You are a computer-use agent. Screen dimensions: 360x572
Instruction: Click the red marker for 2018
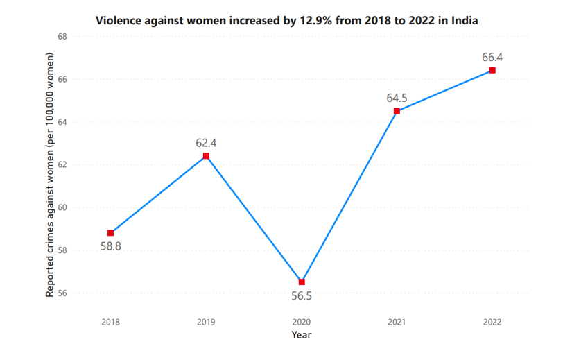click(x=111, y=233)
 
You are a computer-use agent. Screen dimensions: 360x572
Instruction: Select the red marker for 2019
click(x=206, y=156)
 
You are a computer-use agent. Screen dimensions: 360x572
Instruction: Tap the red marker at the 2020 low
click(x=302, y=282)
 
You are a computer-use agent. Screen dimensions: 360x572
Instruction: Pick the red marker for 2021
click(x=397, y=111)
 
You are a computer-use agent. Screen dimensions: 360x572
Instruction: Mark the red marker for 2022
click(x=492, y=70)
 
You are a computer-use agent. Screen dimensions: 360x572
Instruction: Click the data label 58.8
click(x=111, y=246)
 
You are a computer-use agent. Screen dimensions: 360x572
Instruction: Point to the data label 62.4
click(x=206, y=143)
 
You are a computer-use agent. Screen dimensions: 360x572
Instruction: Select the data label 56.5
click(x=302, y=296)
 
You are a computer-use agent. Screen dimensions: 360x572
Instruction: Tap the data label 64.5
click(x=397, y=98)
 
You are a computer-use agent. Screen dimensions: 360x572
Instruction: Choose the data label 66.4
click(x=492, y=57)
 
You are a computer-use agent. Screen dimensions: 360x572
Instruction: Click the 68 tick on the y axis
click(x=62, y=37)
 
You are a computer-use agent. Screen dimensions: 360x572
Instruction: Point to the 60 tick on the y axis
click(x=62, y=207)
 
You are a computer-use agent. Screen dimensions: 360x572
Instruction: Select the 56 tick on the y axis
click(x=62, y=293)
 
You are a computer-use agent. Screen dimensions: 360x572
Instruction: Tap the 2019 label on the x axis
click(x=206, y=322)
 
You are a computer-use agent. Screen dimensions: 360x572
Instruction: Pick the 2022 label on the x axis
click(x=492, y=322)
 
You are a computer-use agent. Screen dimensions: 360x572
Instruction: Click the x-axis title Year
click(x=302, y=335)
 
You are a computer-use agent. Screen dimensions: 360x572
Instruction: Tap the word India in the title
click(x=464, y=20)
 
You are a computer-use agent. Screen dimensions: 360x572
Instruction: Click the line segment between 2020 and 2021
click(x=349, y=196)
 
